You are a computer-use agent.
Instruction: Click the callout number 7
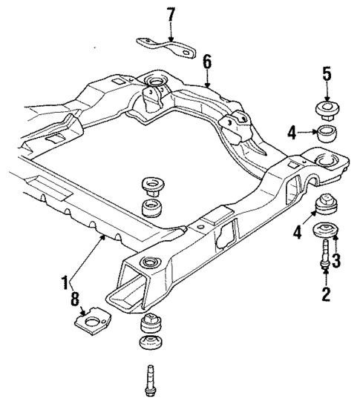tap(171, 14)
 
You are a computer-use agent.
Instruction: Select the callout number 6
tap(208, 62)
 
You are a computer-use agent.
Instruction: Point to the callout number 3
tap(336, 259)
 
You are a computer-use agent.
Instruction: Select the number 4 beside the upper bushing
tap(292, 133)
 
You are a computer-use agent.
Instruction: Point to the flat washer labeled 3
tap(324, 231)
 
